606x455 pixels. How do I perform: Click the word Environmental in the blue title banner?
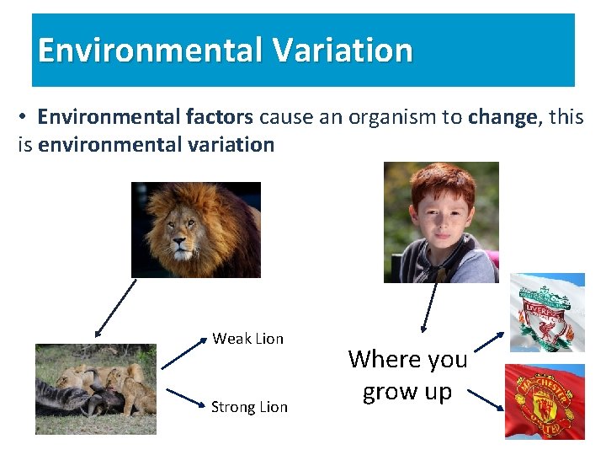pyautogui.click(x=149, y=51)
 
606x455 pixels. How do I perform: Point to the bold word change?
pyautogui.click(x=502, y=117)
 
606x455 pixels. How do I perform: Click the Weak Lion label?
pyautogui.click(x=247, y=339)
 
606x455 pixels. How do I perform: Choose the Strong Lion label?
pyautogui.click(x=249, y=407)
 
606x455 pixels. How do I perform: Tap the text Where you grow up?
pyautogui.click(x=407, y=375)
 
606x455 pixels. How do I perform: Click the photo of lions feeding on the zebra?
pyautogui.click(x=95, y=389)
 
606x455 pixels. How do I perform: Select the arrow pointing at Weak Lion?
pyautogui.click(x=183, y=354)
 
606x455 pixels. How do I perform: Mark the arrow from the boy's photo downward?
pyautogui.click(x=429, y=308)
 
